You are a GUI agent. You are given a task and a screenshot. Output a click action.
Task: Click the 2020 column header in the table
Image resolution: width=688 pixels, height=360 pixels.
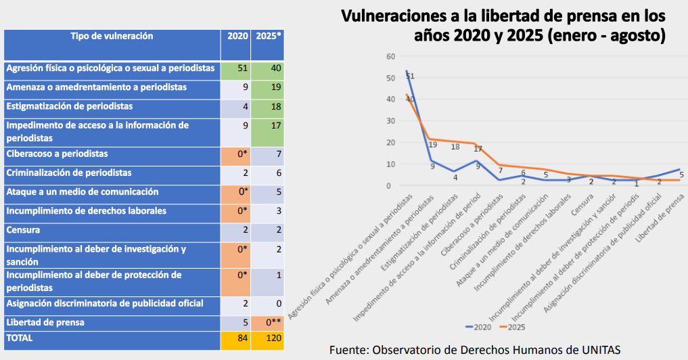237,36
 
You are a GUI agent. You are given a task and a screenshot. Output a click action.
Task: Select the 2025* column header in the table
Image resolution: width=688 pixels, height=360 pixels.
269,36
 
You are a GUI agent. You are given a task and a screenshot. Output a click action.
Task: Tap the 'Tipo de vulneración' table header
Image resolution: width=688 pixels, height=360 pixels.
112,36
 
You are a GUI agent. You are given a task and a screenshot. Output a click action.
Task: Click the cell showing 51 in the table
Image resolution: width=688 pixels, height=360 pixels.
242,68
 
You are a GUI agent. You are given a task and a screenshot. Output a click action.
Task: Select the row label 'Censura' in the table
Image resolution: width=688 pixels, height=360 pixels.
24,230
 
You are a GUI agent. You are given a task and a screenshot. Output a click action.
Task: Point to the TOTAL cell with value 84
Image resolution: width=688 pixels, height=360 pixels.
242,338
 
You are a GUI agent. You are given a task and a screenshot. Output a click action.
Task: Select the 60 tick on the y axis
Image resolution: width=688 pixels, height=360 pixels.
390,56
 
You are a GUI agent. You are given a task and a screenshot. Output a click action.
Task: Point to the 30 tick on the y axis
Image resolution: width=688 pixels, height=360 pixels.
390,120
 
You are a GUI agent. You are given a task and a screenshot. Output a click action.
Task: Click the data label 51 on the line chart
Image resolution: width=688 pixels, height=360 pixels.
410,76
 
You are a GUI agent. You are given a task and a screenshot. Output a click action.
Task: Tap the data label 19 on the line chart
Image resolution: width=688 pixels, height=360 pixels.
432,145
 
